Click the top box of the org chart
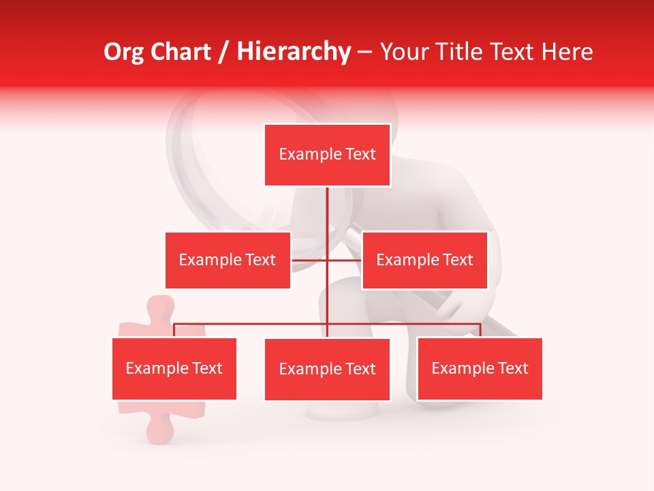[x=327, y=155]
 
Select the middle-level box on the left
[x=228, y=260]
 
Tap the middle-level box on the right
[x=424, y=260]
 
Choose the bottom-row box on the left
[x=174, y=369]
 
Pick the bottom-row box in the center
[x=327, y=370]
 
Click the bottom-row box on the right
[x=480, y=369]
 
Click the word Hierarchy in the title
[x=293, y=52]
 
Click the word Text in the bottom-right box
[x=513, y=369]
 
